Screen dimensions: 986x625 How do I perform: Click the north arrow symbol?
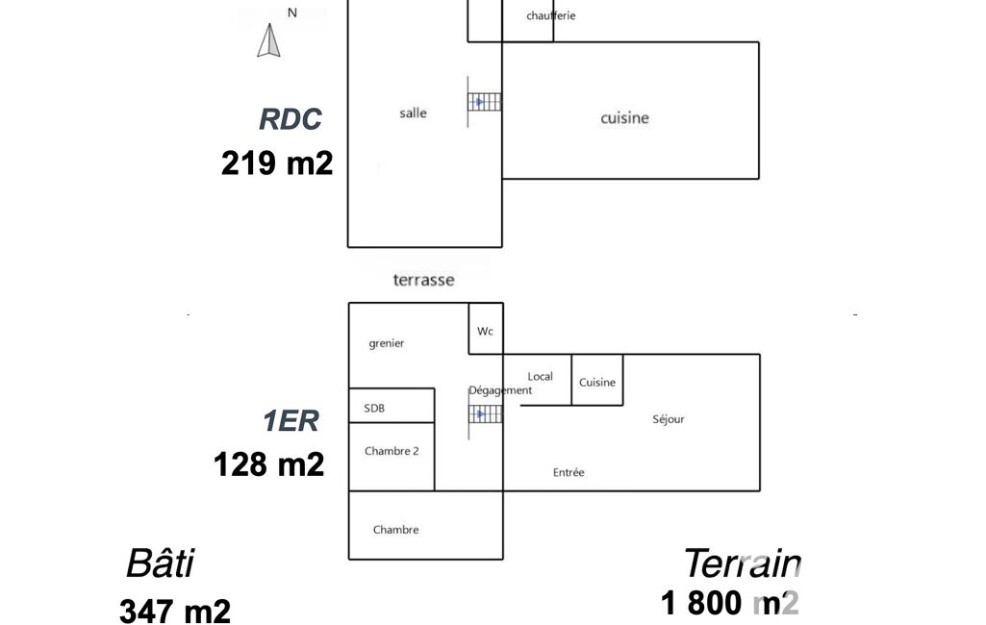pos(268,40)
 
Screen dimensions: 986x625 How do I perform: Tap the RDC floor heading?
pos(290,119)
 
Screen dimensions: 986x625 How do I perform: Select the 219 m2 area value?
pos(277,162)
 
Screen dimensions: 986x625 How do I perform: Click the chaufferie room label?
pos(551,15)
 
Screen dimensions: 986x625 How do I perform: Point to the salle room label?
pos(413,113)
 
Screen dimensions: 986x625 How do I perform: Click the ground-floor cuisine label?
pos(624,117)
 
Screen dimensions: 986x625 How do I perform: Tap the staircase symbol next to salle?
pos(485,102)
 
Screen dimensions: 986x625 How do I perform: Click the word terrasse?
pos(424,280)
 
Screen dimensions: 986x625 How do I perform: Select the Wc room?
pos(486,328)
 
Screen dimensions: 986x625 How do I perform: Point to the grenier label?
pos(386,343)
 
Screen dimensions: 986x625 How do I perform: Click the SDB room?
pos(392,406)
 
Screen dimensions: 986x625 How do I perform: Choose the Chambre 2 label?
pos(392,451)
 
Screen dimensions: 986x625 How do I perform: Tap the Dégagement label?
pos(500,390)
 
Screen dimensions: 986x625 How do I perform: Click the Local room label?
pos(541,377)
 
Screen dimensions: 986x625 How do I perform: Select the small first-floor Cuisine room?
pos(597,380)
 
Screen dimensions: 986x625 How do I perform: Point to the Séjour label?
pos(669,419)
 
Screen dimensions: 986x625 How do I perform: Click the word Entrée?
pos(569,472)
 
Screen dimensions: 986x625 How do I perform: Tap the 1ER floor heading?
pos(291,420)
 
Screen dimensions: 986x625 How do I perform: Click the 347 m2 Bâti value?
pos(175,612)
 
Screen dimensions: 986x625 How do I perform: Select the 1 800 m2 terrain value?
pos(729,602)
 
